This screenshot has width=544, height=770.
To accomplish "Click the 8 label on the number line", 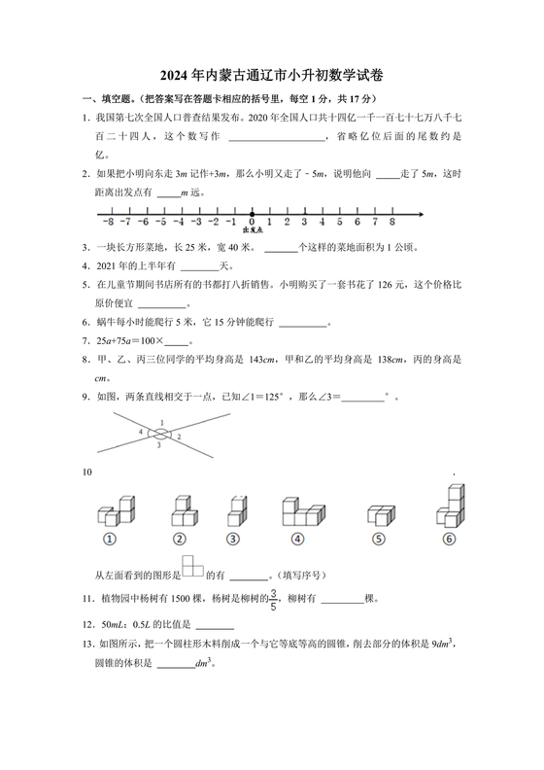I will (391, 222).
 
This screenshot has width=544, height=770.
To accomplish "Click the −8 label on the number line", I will (108, 222).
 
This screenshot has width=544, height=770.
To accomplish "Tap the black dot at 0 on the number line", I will (252, 213).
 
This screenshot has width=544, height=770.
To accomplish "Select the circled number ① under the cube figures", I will (111, 541).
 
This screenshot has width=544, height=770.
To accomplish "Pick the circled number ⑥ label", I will (448, 541).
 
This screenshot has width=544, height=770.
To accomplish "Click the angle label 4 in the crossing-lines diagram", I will (141, 431).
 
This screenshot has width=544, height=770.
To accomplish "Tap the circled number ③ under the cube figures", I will (233, 541).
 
